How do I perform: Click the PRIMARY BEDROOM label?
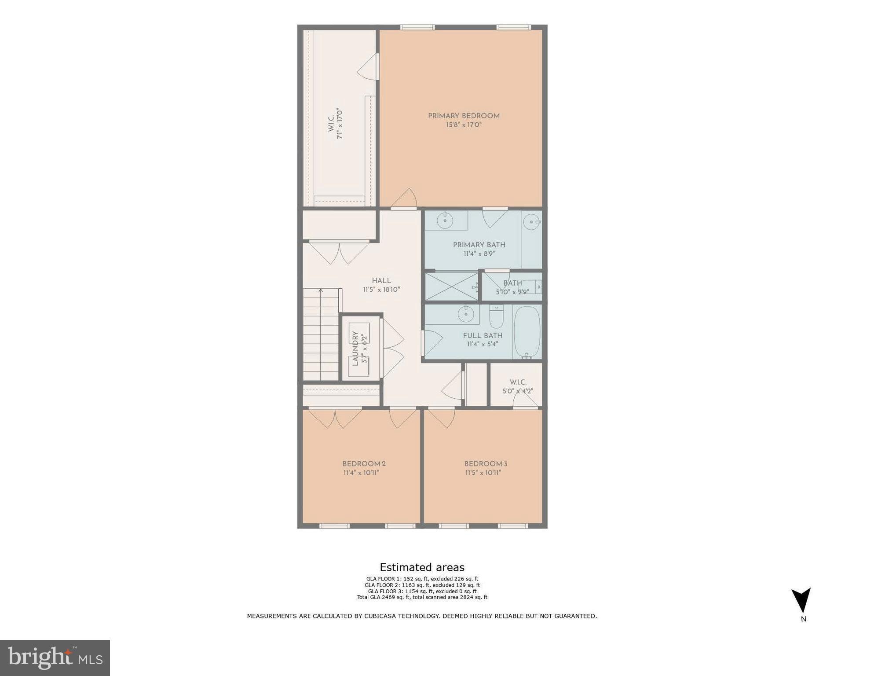(464, 116)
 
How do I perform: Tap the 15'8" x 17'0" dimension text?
(464, 125)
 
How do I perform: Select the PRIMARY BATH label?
(479, 245)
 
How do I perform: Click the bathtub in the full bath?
(527, 332)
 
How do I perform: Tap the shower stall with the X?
(451, 287)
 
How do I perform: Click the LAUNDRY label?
(355, 349)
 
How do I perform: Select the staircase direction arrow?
(321, 290)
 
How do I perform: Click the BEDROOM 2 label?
(364, 463)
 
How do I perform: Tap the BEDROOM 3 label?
(486, 463)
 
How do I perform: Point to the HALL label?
(381, 280)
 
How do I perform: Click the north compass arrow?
(801, 600)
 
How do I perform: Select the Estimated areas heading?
(422, 567)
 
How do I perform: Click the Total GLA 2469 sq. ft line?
(422, 597)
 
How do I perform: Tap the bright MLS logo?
(55, 658)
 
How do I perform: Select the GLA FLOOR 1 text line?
(422, 579)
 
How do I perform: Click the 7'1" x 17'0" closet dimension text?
(339, 124)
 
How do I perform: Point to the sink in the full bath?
(465, 314)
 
